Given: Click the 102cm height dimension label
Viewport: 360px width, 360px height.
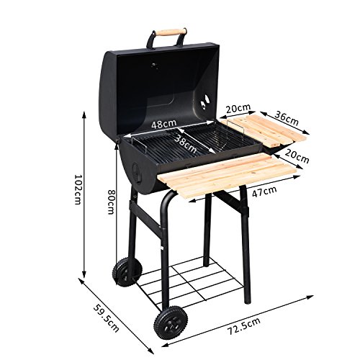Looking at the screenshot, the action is coord(77,189).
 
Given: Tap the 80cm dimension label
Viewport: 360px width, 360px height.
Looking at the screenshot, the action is coord(111,202).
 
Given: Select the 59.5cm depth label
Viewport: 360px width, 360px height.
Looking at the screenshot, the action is coord(106,318).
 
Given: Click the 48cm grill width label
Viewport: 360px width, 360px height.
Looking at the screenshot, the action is coord(163,124).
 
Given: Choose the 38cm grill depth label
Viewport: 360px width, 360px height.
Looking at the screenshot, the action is coord(185,143).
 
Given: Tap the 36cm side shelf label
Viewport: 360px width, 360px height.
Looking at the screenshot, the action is coord(287,118).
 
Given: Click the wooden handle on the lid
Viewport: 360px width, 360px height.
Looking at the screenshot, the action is coord(169,32).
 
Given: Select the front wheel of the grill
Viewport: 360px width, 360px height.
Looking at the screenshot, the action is coord(171,323).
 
